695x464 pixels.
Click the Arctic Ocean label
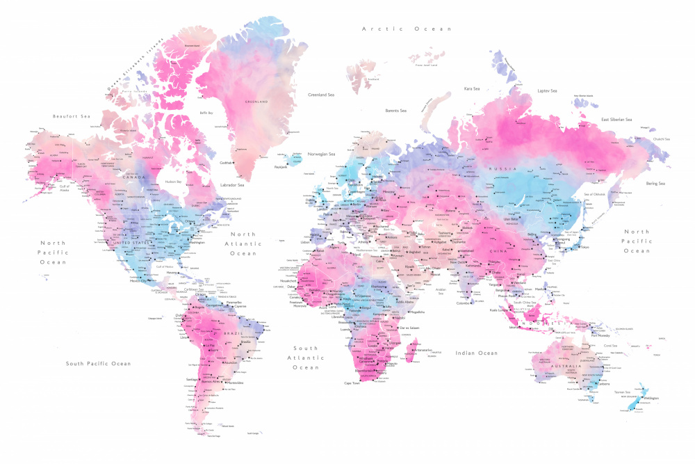pos(407,29)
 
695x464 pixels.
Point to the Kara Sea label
pos(472,88)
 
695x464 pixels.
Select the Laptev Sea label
pos(548,90)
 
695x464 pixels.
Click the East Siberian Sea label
pos(616,120)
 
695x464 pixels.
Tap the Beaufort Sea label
pos(72,116)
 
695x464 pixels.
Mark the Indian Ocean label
pos(477,353)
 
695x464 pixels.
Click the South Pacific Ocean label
pos(98,363)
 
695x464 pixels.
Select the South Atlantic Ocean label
pos(305,358)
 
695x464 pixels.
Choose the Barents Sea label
pos(396,110)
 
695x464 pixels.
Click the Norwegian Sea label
pos(322,154)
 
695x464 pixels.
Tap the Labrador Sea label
pos(231,185)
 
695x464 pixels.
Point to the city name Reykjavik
pos(281,167)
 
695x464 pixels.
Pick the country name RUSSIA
pos(502,169)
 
